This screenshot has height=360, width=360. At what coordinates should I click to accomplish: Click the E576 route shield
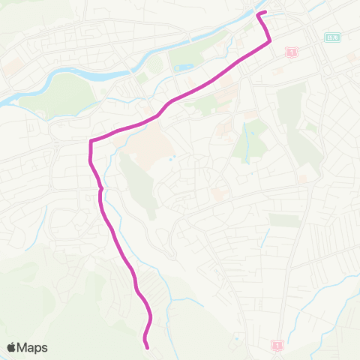(333, 37)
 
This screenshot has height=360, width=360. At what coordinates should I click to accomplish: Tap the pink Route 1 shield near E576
(291, 52)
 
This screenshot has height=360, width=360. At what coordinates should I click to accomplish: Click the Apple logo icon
(13, 347)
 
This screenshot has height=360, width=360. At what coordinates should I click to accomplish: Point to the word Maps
(33, 347)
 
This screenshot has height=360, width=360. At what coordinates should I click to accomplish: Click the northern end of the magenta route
(259, 13)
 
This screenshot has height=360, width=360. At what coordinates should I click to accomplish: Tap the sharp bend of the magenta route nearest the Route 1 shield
(269, 43)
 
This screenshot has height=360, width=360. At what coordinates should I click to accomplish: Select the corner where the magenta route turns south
(91, 141)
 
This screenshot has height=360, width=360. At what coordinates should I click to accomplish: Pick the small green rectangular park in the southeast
(284, 220)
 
